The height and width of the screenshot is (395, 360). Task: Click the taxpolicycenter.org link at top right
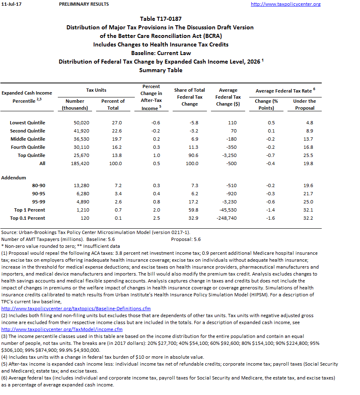(285, 4)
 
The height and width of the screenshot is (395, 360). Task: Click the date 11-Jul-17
(11, 4)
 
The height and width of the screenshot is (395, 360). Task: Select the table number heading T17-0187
(160, 19)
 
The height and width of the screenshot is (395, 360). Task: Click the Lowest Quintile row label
(28, 123)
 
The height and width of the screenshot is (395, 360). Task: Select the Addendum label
(13, 178)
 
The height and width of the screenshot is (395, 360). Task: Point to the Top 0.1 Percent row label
(28, 218)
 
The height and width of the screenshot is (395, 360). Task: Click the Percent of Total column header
(113, 104)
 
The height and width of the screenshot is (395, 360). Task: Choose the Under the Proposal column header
(305, 104)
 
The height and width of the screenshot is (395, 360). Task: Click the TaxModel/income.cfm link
(62, 329)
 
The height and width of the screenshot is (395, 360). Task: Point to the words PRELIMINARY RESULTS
(84, 4)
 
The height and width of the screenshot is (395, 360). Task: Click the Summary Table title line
(160, 70)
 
